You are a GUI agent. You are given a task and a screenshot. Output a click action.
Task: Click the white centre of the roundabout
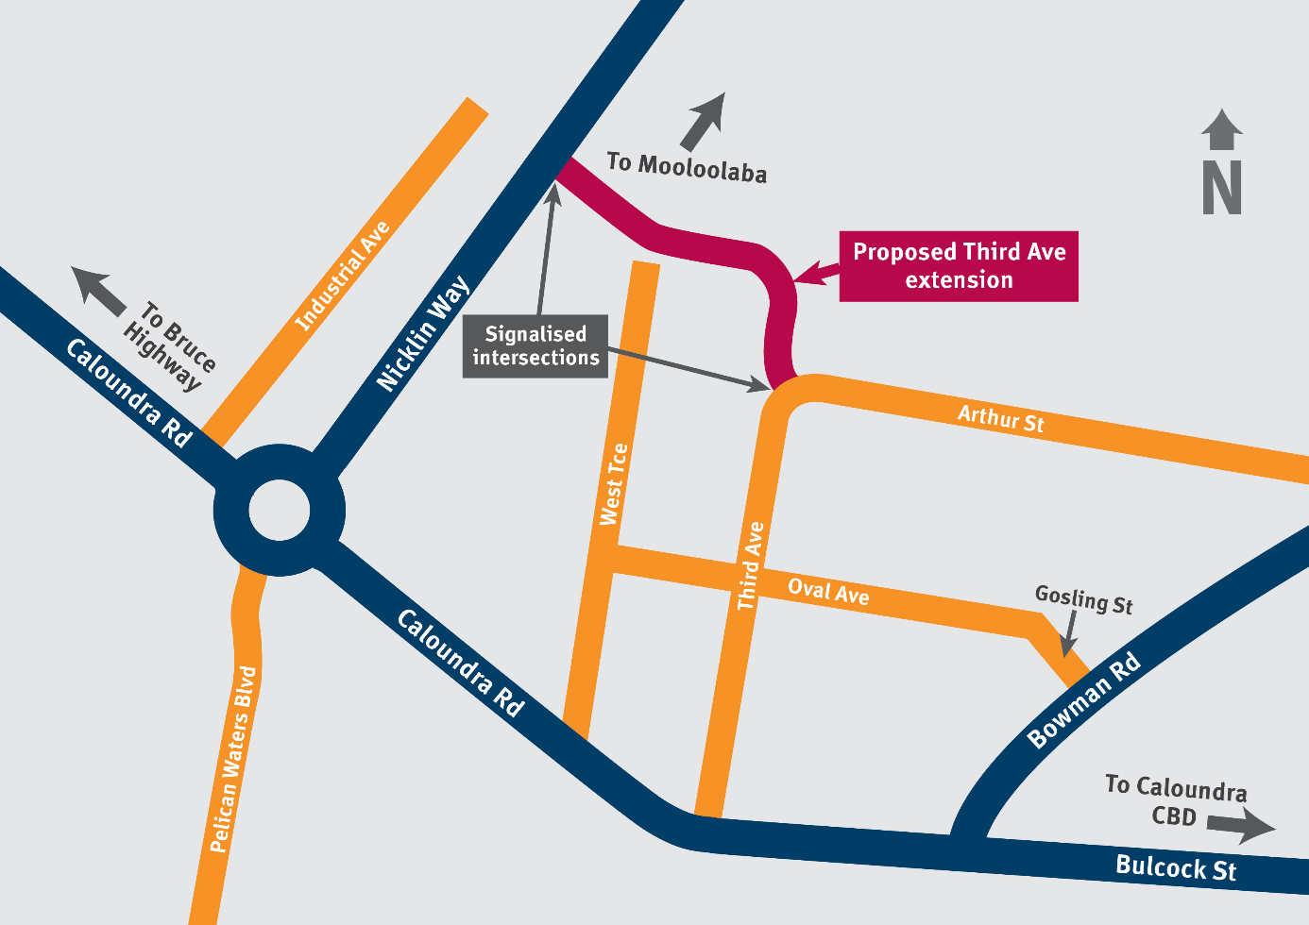(x=279, y=511)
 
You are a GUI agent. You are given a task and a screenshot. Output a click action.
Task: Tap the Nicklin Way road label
(x=423, y=333)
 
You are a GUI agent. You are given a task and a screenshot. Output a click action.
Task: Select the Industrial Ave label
(x=343, y=276)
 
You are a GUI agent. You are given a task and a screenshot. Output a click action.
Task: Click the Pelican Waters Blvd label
(x=233, y=759)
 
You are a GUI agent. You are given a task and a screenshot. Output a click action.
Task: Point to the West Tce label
(x=614, y=484)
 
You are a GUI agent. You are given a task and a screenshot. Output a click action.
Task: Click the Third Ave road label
(x=751, y=565)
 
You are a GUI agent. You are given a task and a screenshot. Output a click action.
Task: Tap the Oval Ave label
(x=828, y=592)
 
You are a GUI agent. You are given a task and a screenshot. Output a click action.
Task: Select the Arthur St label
(x=1000, y=418)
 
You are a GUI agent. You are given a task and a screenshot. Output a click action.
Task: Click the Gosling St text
(x=1083, y=600)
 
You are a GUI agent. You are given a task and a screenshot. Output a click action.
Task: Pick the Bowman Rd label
(x=1084, y=700)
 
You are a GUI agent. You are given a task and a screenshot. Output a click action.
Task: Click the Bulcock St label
(x=1175, y=867)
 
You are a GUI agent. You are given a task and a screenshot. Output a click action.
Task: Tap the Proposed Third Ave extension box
(x=959, y=266)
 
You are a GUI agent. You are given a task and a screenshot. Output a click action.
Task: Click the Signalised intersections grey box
(x=535, y=346)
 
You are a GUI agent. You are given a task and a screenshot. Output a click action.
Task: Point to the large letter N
(x=1221, y=188)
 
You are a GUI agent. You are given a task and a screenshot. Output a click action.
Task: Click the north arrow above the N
(x=1221, y=129)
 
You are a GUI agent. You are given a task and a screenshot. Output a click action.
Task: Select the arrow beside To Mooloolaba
(x=704, y=121)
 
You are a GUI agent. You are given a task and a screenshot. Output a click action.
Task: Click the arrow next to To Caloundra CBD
(x=1242, y=828)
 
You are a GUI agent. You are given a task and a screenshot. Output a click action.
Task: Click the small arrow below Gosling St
(x=1069, y=634)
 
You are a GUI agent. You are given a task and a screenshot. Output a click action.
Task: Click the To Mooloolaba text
(x=687, y=167)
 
